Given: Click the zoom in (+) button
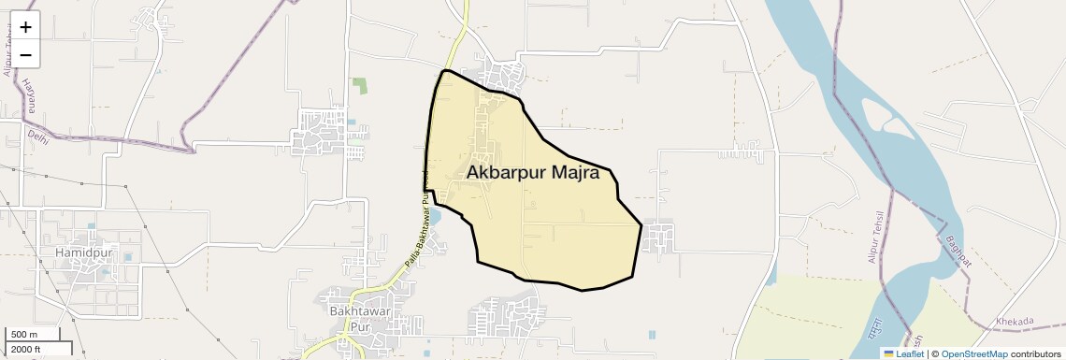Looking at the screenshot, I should point(25,26).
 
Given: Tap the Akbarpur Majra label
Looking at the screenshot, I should point(532,173).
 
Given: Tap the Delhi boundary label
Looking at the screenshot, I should point(37,137).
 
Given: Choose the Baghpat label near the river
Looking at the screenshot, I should point(958,250).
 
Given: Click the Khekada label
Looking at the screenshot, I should point(1016,322).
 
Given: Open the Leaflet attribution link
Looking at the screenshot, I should point(902,353).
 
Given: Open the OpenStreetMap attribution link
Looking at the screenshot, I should point(973,353).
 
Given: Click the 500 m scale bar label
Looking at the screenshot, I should point(23,335).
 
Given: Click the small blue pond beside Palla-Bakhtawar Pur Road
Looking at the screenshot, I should point(434,219).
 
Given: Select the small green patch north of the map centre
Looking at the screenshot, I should point(360,85).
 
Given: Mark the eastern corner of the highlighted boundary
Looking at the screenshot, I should point(641,224).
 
